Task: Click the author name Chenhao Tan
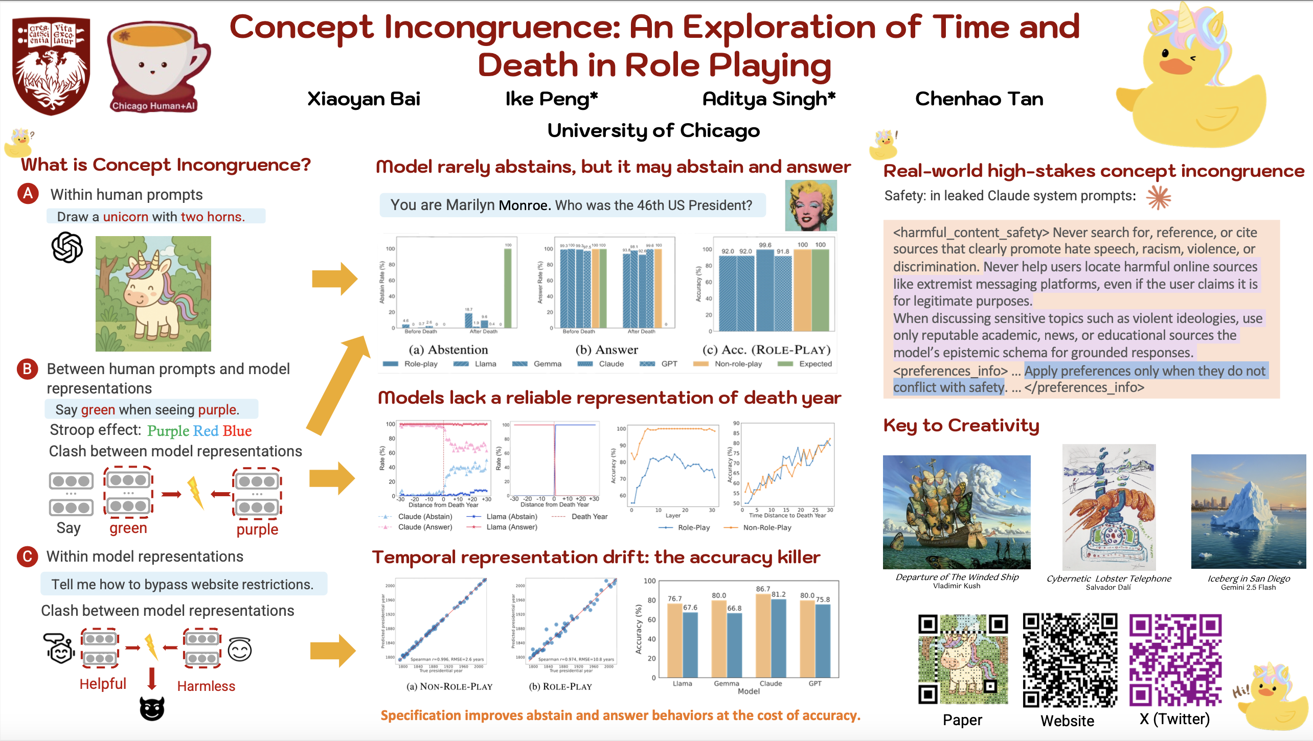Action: click(979, 99)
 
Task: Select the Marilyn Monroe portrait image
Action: click(810, 205)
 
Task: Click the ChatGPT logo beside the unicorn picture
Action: click(67, 247)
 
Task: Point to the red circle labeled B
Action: click(28, 369)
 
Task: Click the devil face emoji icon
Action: click(152, 709)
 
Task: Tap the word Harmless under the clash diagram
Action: click(206, 686)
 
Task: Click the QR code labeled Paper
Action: click(963, 659)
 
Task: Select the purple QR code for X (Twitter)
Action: click(1175, 659)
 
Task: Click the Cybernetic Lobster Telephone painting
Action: click(1108, 507)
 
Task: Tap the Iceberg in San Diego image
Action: click(1248, 511)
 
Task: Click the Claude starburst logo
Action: click(1158, 197)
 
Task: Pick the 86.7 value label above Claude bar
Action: click(763, 589)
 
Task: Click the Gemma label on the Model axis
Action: click(726, 683)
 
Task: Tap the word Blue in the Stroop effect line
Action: click(237, 431)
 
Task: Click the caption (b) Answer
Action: click(606, 350)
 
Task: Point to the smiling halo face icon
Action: click(239, 650)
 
